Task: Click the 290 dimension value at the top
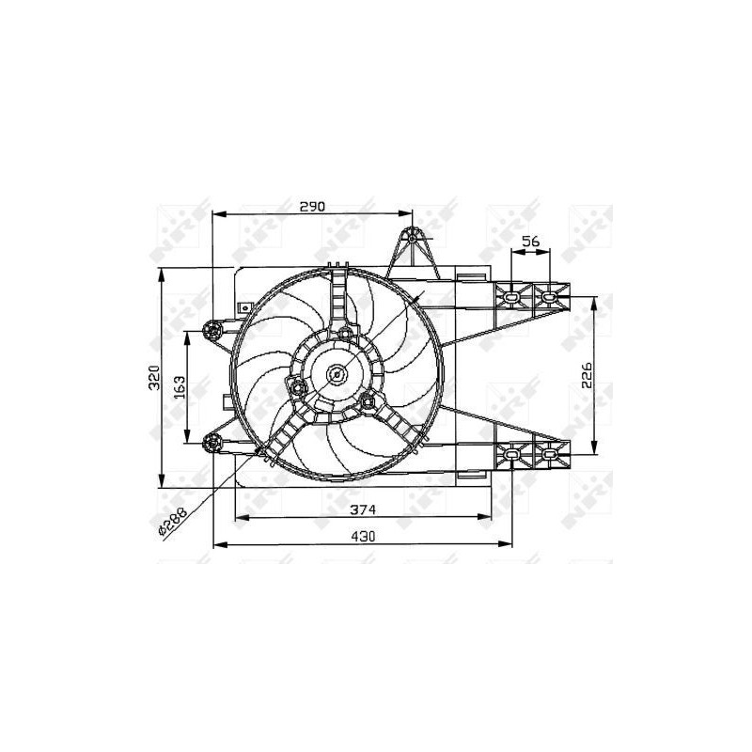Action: click(311, 206)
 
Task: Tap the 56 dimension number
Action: click(531, 242)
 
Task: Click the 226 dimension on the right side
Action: click(586, 376)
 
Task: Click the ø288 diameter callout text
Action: click(173, 520)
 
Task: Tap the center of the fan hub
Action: click(337, 376)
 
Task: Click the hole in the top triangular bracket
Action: click(412, 238)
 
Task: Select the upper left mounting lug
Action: click(212, 329)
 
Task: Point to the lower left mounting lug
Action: click(212, 443)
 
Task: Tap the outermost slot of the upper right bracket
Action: click(549, 298)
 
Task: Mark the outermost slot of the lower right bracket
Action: click(549, 455)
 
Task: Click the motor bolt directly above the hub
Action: click(345, 334)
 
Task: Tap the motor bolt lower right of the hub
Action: click(368, 402)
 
